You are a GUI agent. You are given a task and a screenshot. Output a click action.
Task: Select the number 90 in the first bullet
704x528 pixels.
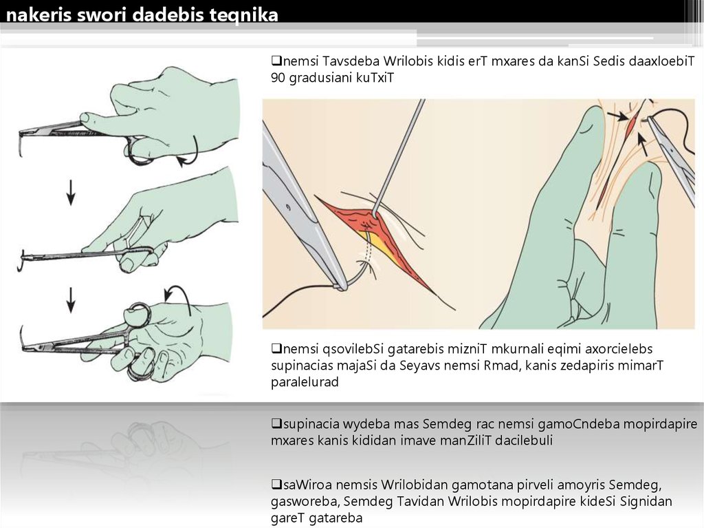(x=278, y=78)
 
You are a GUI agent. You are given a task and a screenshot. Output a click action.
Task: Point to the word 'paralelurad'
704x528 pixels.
(x=305, y=382)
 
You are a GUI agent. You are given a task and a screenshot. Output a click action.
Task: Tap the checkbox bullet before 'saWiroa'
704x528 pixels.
(x=276, y=485)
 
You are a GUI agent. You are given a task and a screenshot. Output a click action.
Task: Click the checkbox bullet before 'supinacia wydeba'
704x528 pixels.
(x=276, y=423)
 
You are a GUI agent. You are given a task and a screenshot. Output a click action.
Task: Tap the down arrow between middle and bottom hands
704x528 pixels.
(x=71, y=299)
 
